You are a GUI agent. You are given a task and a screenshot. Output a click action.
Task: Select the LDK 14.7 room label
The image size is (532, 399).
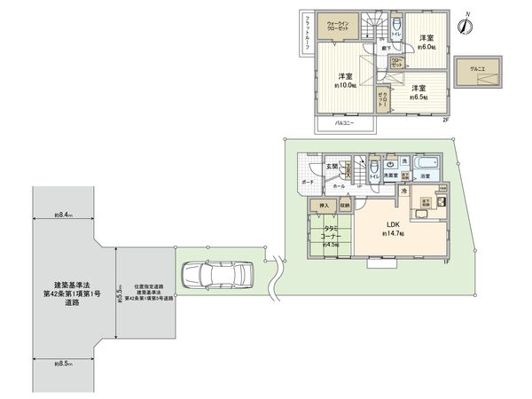point(393,228)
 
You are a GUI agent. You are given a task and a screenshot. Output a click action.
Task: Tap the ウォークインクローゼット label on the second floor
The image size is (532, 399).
point(340,26)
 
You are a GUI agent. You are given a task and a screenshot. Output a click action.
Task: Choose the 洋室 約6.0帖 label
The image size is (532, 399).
point(426,41)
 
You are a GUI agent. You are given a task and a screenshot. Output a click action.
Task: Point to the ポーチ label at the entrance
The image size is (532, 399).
point(307,182)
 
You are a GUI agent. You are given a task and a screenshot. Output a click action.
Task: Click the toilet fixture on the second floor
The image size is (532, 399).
point(397,24)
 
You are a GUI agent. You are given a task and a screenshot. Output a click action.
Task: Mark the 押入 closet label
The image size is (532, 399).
point(324,207)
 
